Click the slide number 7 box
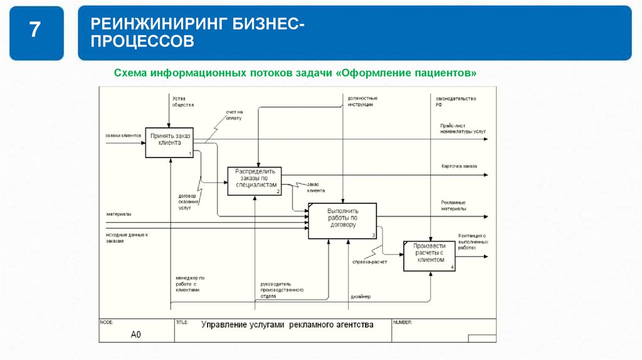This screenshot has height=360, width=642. [x=36, y=33]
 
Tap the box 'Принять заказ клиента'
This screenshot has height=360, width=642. [x=169, y=142]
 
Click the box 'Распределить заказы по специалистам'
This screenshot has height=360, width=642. [x=255, y=181]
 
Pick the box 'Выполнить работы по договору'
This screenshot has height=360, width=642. [x=342, y=220]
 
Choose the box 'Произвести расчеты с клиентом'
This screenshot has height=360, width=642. [x=429, y=255]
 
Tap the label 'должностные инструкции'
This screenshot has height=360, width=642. [x=362, y=101]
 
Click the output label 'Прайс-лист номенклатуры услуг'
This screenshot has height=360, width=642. [x=463, y=129]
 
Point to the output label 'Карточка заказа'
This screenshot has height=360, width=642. [x=459, y=166]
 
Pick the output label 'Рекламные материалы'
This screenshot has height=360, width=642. [x=453, y=205]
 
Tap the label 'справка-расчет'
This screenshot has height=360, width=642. [x=369, y=262]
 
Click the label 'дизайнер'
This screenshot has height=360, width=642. [x=360, y=297]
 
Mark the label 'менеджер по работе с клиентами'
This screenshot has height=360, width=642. [x=190, y=283]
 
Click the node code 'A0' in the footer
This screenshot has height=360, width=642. [x=135, y=334]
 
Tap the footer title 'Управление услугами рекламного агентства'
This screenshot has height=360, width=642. [x=287, y=325]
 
